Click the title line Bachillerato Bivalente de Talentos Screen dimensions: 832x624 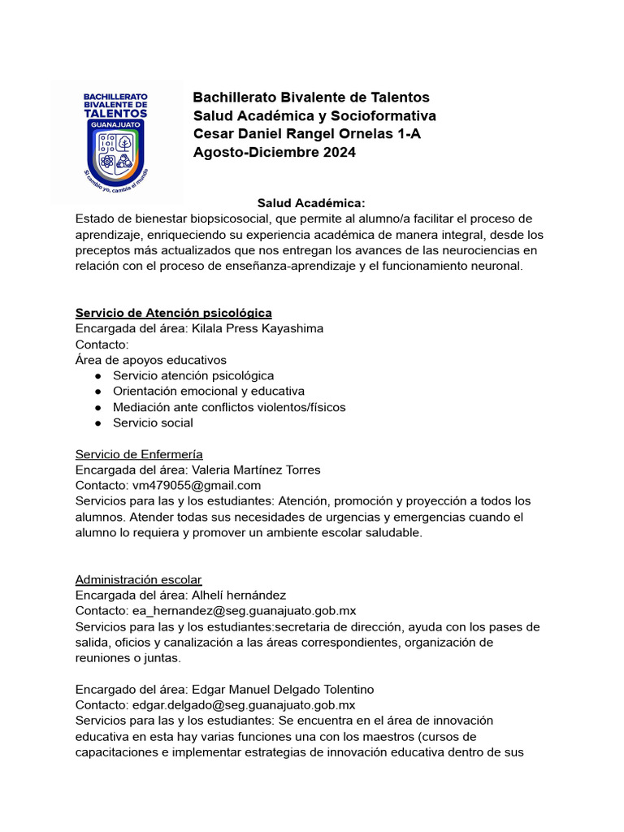[x=311, y=97]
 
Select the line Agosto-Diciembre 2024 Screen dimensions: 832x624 [x=274, y=152]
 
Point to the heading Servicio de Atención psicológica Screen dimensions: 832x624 [x=173, y=313]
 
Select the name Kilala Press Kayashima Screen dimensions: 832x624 [x=257, y=328]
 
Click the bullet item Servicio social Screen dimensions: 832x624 [x=153, y=422]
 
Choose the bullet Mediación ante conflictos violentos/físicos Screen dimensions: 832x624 [x=229, y=407]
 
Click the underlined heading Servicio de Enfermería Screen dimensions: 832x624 [x=139, y=454]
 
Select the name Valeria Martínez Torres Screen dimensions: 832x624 [x=256, y=470]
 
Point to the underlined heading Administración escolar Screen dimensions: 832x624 [x=138, y=579]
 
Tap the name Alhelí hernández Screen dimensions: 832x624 [x=239, y=595]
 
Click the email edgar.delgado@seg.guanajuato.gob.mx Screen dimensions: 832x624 [x=243, y=704]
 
